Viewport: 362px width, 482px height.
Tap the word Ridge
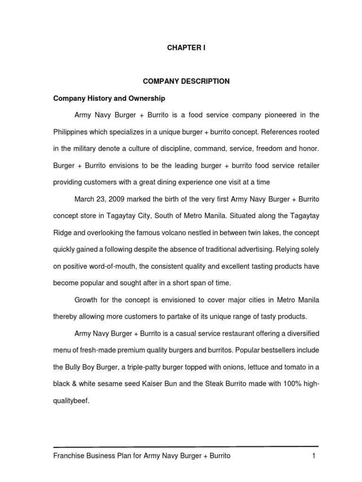[63, 233]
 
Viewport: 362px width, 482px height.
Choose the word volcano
[176, 233]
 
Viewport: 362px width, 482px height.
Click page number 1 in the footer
[313, 456]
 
